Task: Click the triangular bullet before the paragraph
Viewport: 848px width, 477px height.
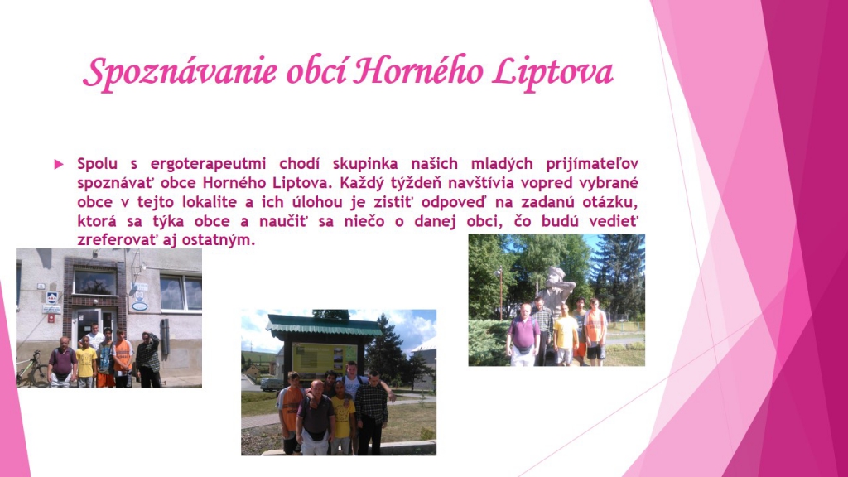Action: pos(59,164)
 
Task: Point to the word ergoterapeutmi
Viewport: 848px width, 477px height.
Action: pos(208,164)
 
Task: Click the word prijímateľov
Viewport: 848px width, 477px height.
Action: pos(592,164)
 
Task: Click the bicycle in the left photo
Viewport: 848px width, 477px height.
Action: pos(32,369)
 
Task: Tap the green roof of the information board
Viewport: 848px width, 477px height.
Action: pos(324,325)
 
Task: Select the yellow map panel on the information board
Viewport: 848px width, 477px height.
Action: pos(324,359)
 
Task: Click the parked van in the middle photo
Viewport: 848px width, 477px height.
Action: pos(272,383)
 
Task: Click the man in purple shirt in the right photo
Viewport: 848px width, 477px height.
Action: pos(523,335)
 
